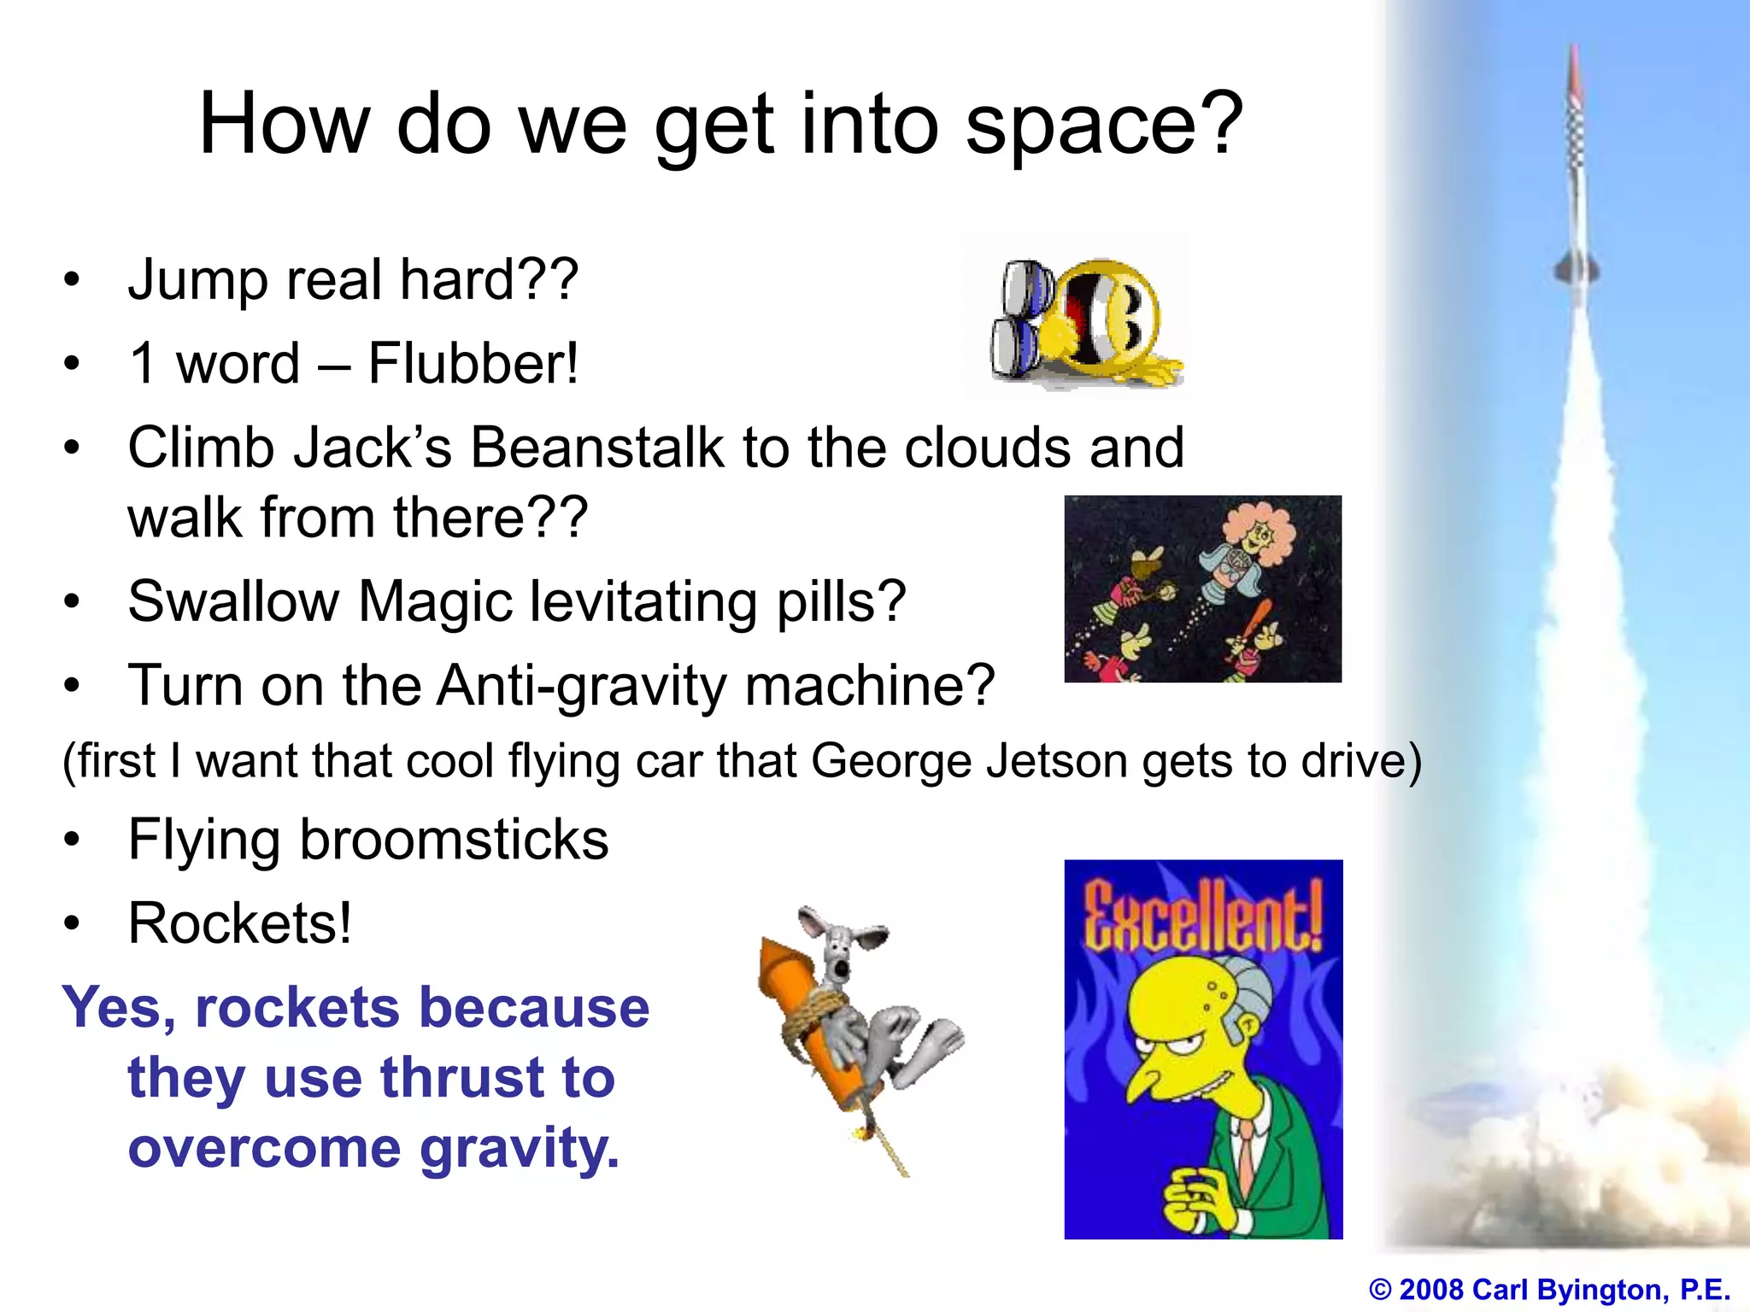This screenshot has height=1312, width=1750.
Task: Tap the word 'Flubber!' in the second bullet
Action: (x=473, y=364)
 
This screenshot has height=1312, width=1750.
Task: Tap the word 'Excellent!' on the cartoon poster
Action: (x=1203, y=918)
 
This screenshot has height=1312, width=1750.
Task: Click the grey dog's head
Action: (x=842, y=948)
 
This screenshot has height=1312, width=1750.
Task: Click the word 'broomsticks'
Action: (x=454, y=840)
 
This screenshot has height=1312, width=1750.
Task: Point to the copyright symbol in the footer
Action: (x=1379, y=1289)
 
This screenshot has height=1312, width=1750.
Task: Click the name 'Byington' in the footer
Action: (x=1599, y=1289)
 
